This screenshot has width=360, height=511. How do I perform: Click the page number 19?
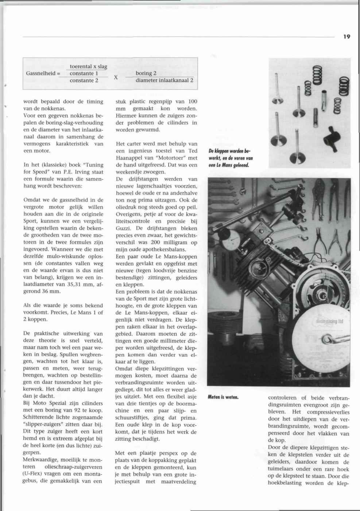[347, 36]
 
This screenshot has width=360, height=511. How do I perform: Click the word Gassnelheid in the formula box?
[40, 73]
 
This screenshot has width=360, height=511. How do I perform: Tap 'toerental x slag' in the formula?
[88, 66]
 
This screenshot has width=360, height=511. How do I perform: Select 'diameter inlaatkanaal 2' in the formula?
[164, 81]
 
